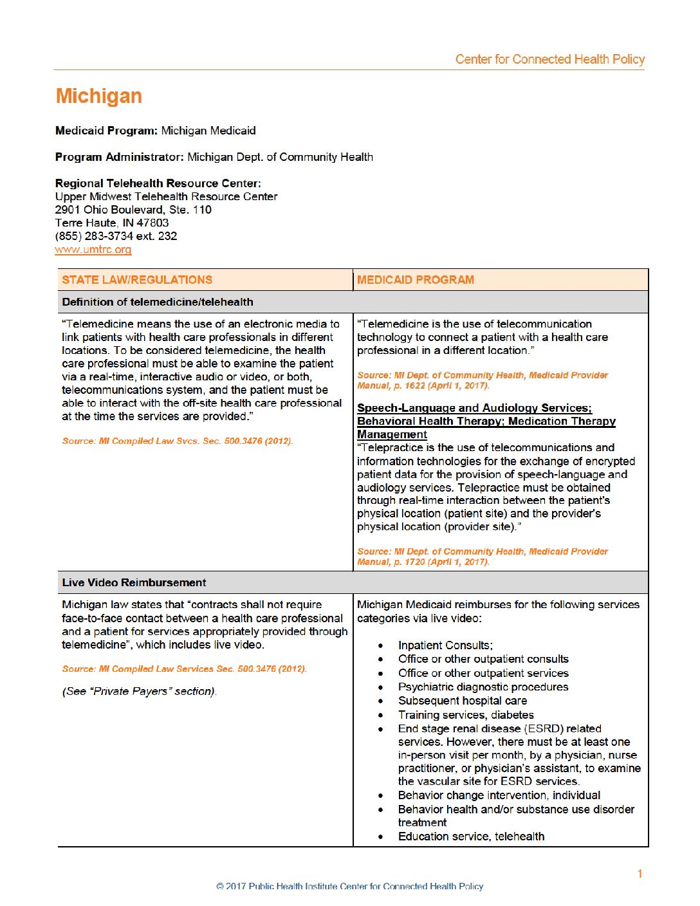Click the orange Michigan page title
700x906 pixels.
point(98,96)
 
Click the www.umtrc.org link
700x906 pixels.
point(93,250)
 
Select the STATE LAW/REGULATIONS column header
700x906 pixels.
point(137,280)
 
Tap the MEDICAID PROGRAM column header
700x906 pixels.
point(416,280)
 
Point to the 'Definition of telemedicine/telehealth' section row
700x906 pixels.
point(158,302)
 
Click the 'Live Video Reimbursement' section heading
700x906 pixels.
point(134,582)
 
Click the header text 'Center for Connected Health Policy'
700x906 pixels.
point(549,59)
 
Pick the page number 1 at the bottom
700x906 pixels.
point(640,874)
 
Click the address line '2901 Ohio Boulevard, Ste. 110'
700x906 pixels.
point(133,210)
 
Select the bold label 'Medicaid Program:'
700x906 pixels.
point(106,131)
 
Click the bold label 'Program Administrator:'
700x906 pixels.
point(120,157)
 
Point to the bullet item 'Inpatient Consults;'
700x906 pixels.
point(445,645)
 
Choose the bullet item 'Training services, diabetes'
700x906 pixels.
point(466,715)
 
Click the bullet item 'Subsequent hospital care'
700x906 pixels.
point(462,701)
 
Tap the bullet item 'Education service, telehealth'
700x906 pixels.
point(471,837)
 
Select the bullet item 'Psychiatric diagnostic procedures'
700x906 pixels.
point(483,687)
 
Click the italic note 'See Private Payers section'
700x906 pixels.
point(139,691)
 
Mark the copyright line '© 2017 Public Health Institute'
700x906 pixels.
point(349,887)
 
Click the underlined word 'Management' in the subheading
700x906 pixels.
point(392,434)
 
